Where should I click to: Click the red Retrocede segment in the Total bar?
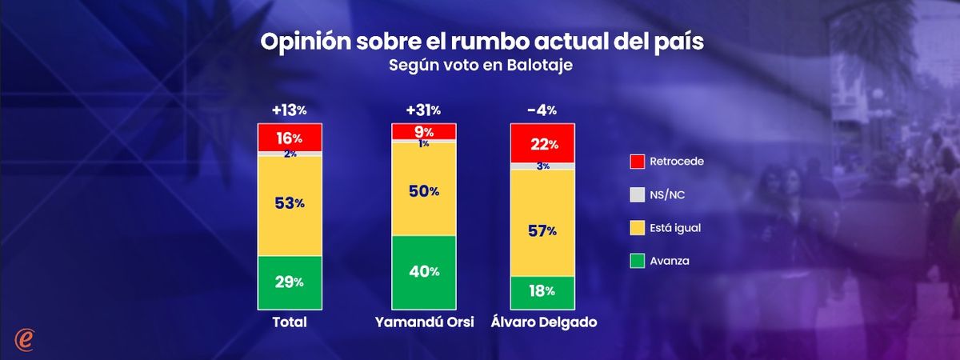(x=289, y=137)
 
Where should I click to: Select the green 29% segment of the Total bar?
(x=289, y=282)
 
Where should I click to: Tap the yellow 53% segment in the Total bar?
(x=289, y=205)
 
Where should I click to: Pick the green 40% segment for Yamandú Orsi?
(x=423, y=272)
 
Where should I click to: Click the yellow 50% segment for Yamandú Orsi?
(x=423, y=190)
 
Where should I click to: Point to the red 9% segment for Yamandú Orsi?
(x=423, y=132)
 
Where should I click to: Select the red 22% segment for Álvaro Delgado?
(x=542, y=143)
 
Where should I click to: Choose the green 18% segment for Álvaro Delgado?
(x=542, y=292)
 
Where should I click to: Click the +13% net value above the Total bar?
(x=289, y=110)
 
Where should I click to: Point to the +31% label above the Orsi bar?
(x=423, y=110)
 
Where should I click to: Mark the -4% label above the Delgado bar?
(x=542, y=110)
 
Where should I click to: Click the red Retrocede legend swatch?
(x=638, y=162)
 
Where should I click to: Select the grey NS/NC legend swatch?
(x=638, y=194)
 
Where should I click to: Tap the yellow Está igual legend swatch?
(x=638, y=228)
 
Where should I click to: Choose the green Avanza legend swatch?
(x=638, y=261)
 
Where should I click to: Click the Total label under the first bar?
(x=289, y=322)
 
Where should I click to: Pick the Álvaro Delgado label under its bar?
(x=542, y=322)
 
